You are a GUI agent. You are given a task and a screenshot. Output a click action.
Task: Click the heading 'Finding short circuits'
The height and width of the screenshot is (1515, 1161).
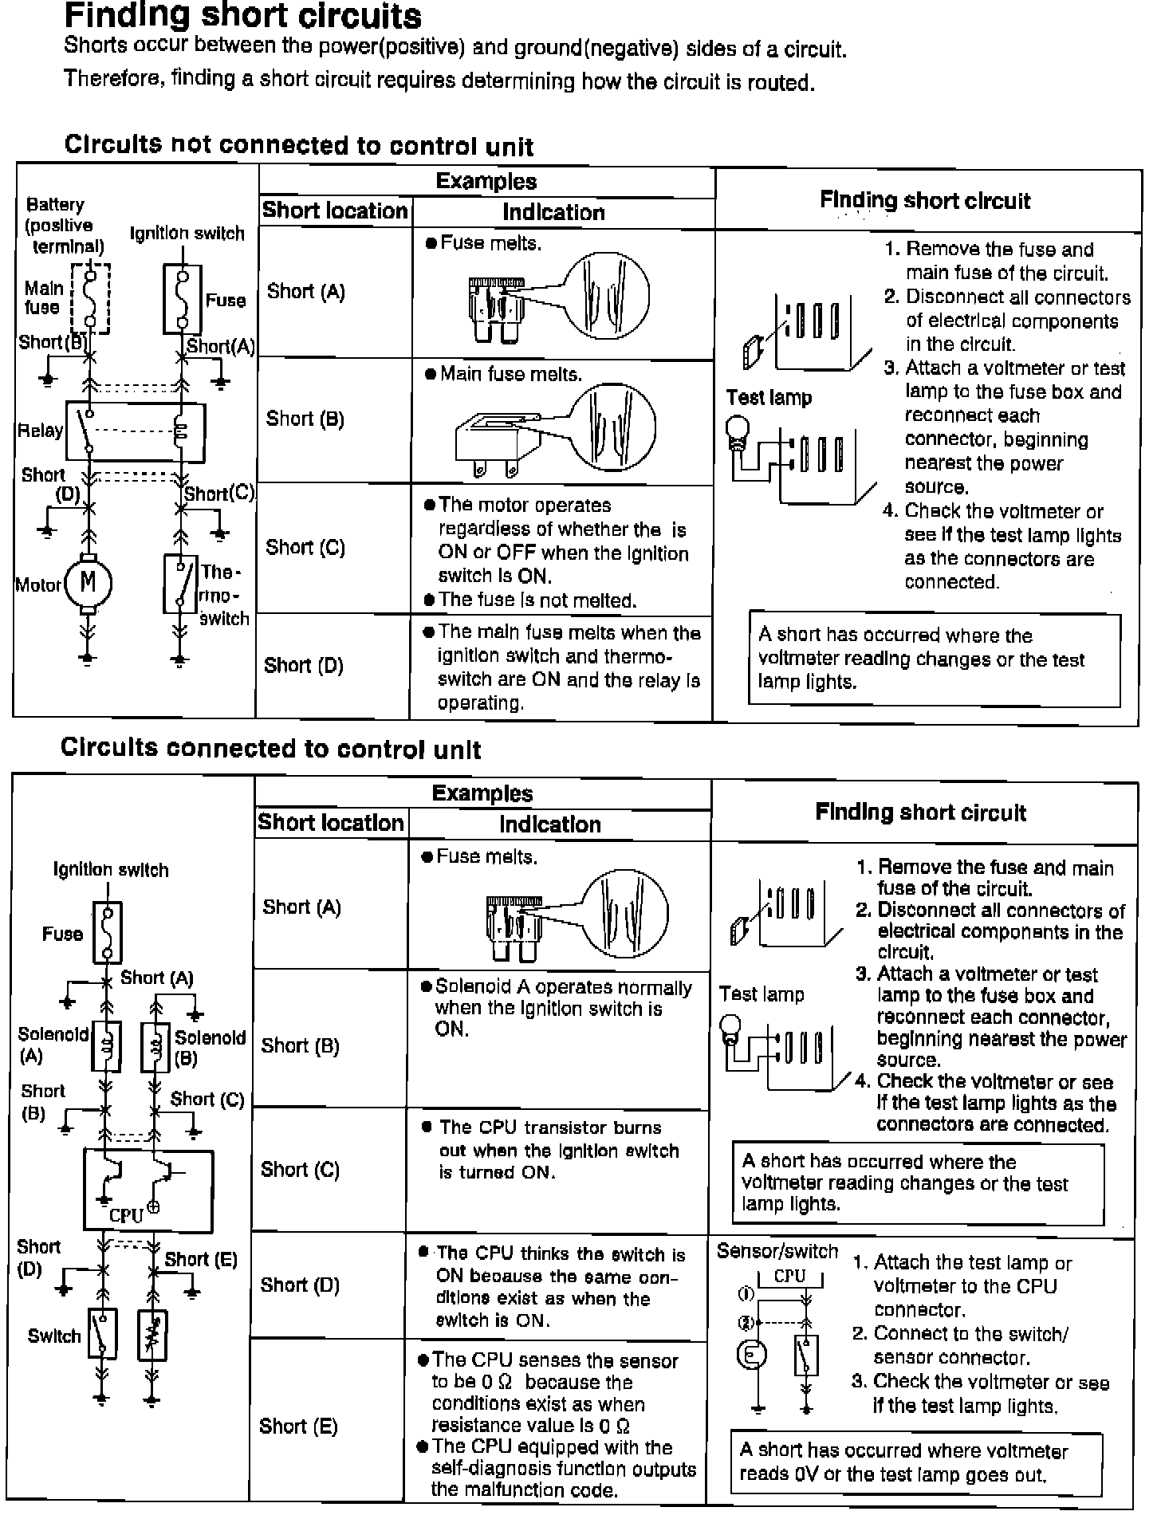point(243,16)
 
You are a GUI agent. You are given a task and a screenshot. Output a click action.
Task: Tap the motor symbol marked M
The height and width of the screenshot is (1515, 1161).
point(88,583)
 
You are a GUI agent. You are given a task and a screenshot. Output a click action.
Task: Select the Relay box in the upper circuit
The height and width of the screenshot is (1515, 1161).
point(135,431)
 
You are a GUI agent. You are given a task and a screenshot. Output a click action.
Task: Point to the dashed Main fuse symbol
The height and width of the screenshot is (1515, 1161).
point(91,297)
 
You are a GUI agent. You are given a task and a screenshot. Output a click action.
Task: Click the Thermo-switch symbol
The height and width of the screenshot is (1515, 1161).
point(181,584)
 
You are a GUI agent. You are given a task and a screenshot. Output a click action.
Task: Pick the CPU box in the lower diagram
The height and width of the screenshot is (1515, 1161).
point(148,1190)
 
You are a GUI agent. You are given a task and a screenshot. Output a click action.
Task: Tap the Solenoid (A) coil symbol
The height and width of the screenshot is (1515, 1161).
point(107,1045)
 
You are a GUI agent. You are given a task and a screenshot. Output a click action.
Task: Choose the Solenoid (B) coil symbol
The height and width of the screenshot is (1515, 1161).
point(155,1045)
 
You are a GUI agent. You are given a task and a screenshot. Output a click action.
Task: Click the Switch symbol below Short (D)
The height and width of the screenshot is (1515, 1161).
point(103,1334)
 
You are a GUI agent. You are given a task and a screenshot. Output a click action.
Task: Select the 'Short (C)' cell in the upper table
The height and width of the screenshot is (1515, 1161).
point(305,548)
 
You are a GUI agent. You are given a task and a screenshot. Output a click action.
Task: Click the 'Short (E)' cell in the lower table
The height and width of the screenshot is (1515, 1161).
point(298,1426)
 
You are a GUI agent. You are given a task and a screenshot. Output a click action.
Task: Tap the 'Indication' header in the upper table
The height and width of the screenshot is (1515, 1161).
point(553,212)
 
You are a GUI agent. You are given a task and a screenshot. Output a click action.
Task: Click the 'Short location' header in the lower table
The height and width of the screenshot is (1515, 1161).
point(331,823)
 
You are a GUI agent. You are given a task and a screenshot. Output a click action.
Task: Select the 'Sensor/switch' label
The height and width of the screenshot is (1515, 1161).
point(777,1251)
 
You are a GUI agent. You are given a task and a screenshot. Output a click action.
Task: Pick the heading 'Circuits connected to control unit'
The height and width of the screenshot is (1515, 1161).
point(271,749)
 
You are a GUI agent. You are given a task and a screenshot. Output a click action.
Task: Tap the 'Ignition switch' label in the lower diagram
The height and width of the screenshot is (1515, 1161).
point(111,869)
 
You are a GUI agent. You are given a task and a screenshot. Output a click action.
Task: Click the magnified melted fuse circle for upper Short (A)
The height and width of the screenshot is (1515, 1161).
point(605,294)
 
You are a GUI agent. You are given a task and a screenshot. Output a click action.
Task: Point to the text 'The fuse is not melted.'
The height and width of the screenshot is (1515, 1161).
point(537,600)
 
